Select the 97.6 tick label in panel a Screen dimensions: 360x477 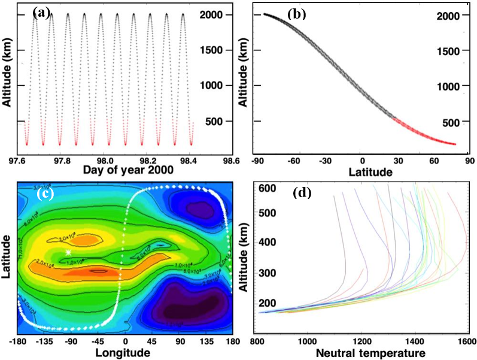tap(21, 161)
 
